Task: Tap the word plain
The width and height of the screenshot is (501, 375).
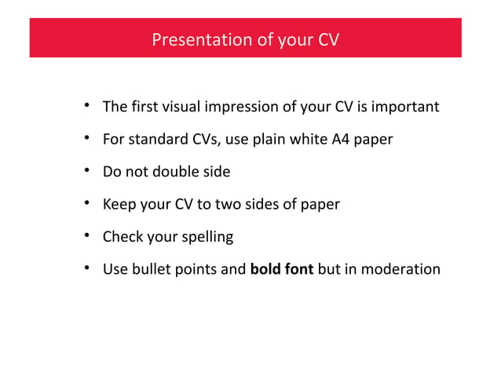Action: tap(277, 140)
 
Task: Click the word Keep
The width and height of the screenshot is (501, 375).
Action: tap(118, 205)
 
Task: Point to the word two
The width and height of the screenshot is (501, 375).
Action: tap(236, 205)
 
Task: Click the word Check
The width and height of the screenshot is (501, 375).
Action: tap(122, 237)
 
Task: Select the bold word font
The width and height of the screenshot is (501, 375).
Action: tap(298, 270)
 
